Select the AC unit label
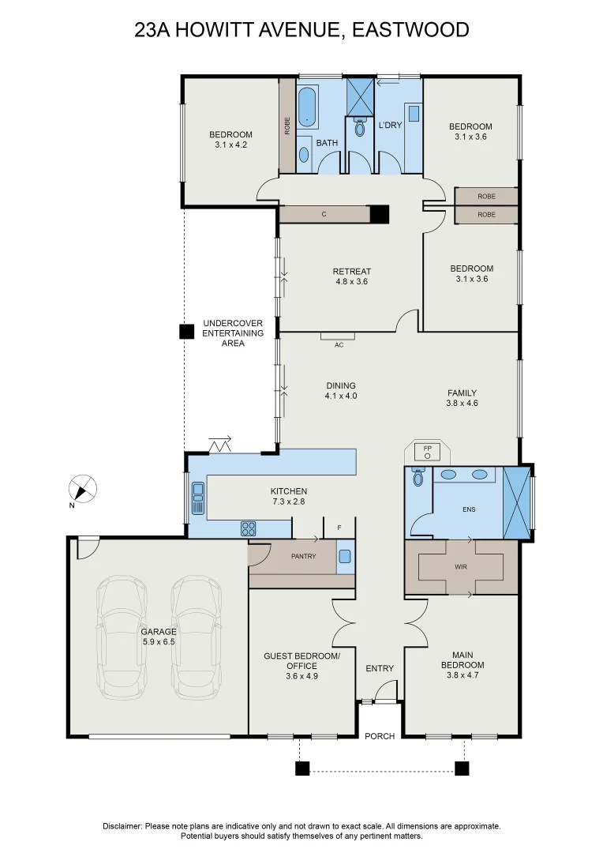pos(339,345)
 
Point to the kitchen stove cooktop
pos(248,528)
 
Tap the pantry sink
pos(345,556)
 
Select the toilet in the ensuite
pos(418,477)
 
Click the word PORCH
pos(380,736)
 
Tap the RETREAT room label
pos(351,272)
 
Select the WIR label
pos(462,566)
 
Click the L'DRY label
pos(390,126)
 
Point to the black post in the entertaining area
pos(186,332)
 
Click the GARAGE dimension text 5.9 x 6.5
pos(159,642)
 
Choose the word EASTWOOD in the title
pos(410,30)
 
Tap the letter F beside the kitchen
pos(339,527)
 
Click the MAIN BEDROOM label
pos(462,659)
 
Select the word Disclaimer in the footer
pos(122,825)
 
